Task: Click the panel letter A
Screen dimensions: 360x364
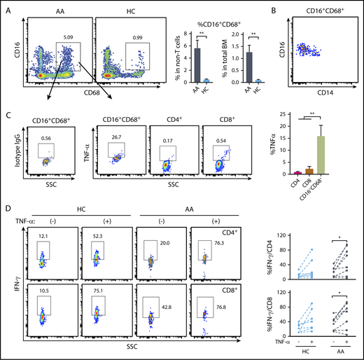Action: pos(7,7)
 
